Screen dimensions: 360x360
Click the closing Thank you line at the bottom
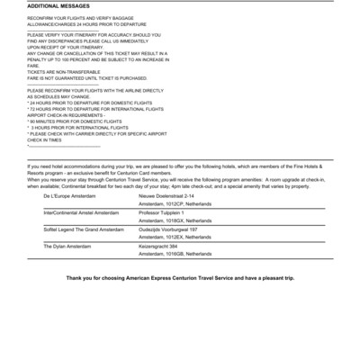[180, 278]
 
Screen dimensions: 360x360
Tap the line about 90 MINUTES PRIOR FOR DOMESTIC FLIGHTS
[76, 121]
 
